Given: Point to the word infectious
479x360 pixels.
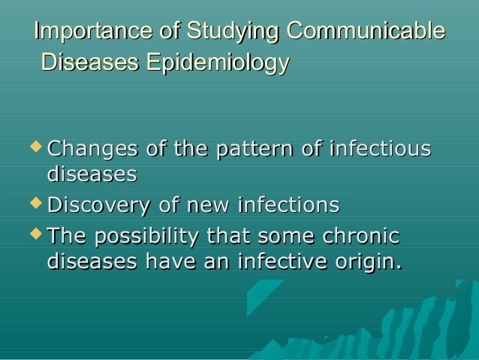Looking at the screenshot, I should click(381, 148).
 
